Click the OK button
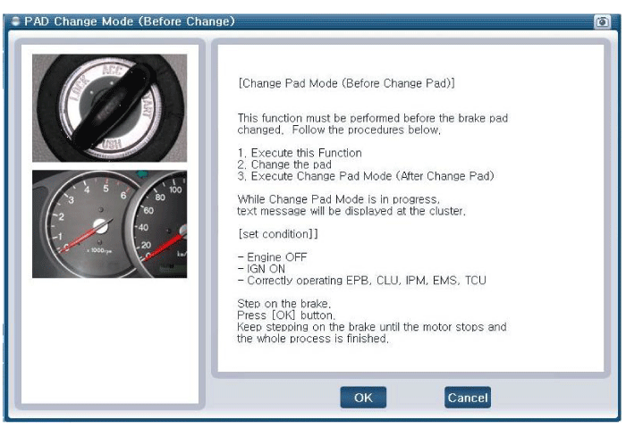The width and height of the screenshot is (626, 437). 363,398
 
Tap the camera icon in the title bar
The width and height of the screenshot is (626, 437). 602,21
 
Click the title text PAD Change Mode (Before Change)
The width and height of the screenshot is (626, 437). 130,21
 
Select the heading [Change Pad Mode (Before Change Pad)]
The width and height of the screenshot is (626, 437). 347,83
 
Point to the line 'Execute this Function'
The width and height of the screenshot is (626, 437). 306,153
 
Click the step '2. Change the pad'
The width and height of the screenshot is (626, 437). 284,164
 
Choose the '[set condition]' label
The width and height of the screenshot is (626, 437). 278,234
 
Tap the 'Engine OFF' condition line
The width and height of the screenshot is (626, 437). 273,257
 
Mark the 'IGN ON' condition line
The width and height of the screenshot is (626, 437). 261,269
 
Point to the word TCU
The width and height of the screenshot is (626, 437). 476,280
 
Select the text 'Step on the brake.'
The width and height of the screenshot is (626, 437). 283,303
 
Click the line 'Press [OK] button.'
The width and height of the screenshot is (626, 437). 286,315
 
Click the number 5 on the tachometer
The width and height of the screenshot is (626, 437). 106,188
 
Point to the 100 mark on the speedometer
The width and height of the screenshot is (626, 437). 175,189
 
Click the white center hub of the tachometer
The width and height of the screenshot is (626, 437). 100,226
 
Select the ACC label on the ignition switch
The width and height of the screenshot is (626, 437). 112,71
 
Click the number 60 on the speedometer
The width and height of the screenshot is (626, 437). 148,210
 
